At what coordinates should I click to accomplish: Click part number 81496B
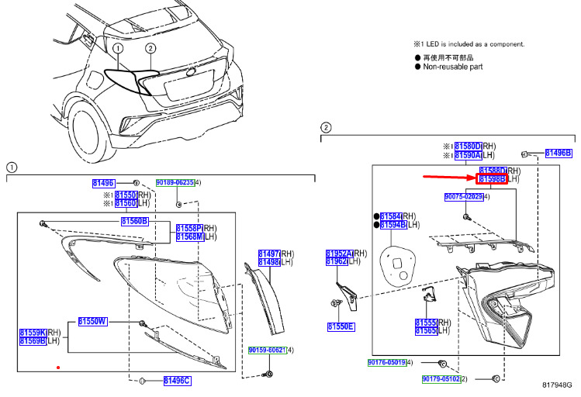(558, 153)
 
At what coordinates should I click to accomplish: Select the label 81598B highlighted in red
(493, 179)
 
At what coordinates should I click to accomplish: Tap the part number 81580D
(468, 146)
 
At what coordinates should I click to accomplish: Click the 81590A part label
(468, 155)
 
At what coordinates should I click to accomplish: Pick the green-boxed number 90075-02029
(464, 197)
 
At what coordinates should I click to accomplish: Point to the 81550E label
(341, 326)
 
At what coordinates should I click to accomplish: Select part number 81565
(427, 331)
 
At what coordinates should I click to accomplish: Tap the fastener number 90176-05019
(386, 362)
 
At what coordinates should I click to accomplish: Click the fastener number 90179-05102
(441, 379)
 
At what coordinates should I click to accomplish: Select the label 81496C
(176, 380)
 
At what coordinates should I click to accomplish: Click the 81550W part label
(92, 321)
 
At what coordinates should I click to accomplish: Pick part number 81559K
(33, 332)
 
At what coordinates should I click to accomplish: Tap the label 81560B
(133, 221)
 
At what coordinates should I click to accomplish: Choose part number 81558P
(188, 228)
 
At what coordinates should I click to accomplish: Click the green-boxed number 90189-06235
(175, 182)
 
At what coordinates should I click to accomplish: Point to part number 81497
(268, 254)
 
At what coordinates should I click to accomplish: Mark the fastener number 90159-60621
(266, 350)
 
